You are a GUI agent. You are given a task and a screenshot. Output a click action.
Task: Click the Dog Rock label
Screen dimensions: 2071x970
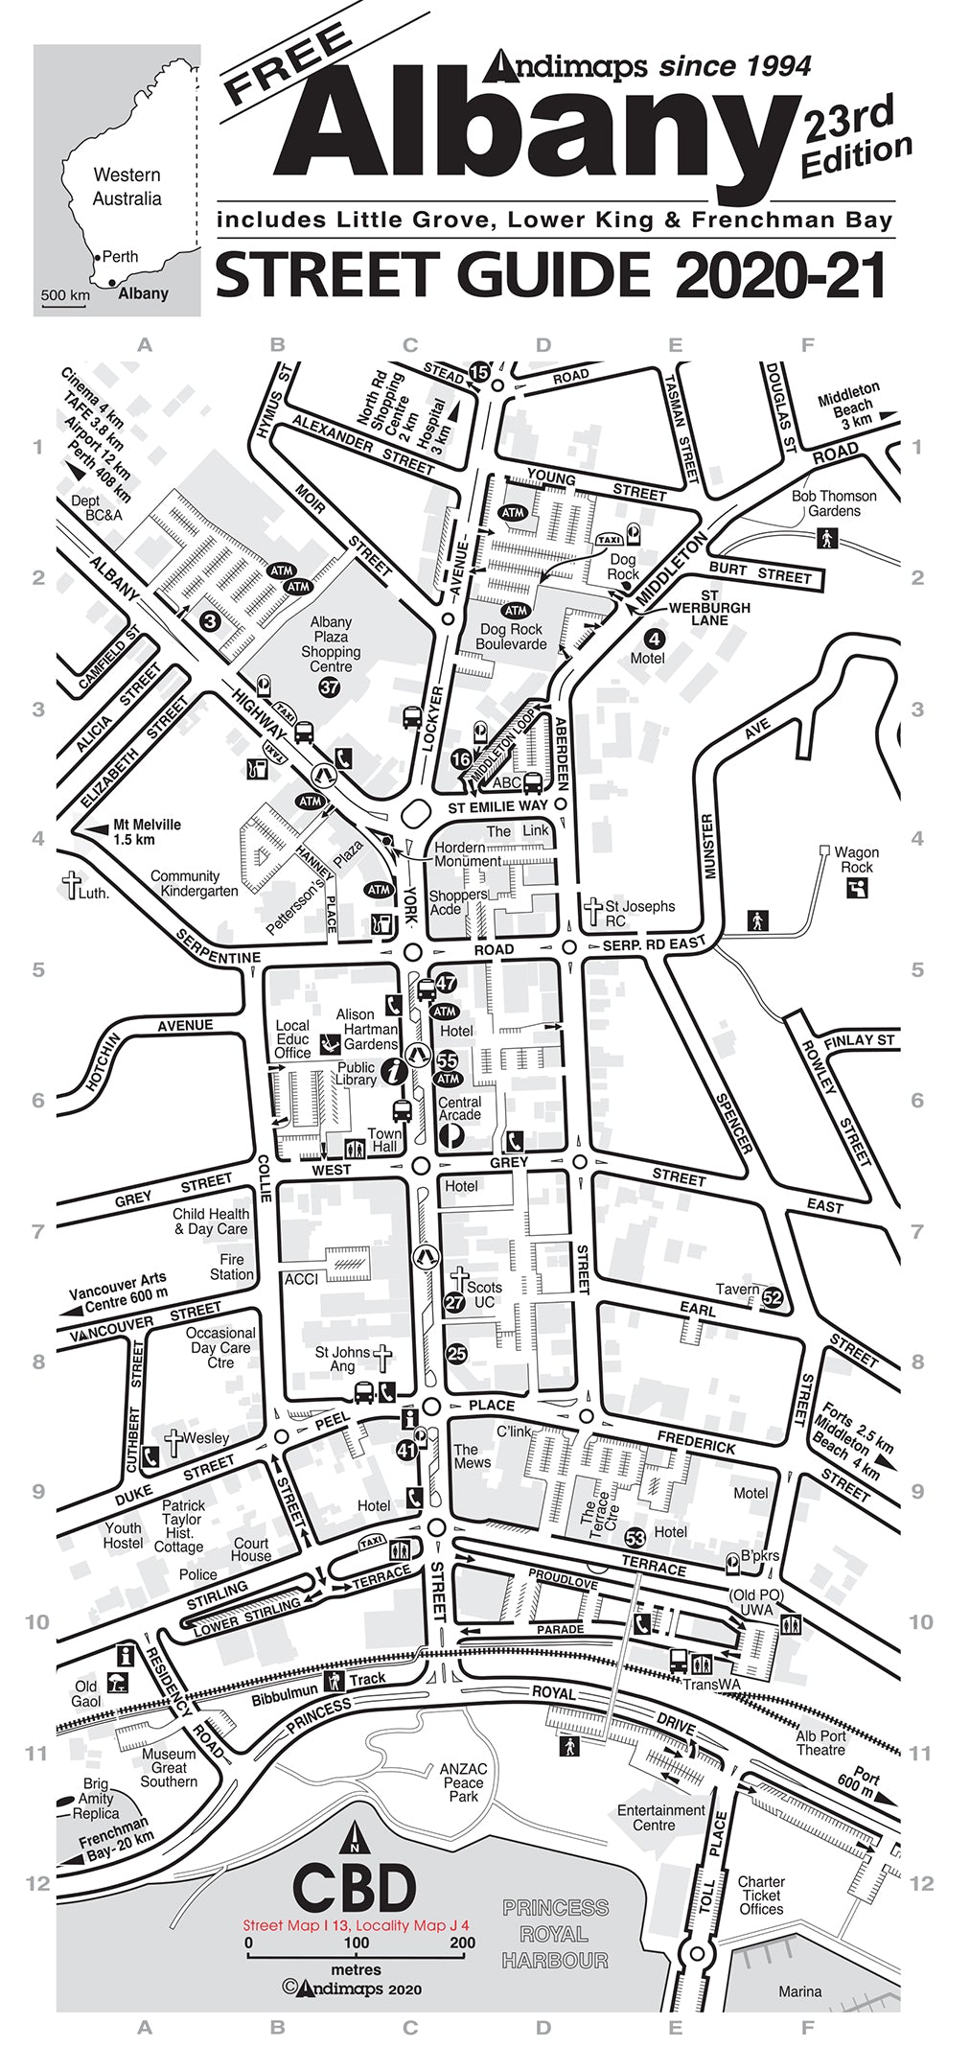pyautogui.click(x=623, y=567)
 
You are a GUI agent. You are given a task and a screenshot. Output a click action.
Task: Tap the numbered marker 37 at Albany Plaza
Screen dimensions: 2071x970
pyautogui.click(x=330, y=687)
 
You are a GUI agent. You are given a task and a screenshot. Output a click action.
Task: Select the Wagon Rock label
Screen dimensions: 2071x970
pyautogui.click(x=856, y=859)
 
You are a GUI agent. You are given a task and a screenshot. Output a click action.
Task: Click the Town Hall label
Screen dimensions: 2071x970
pyautogui.click(x=384, y=1140)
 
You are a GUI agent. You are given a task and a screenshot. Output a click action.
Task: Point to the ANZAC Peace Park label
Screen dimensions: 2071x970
pyautogui.click(x=463, y=1782)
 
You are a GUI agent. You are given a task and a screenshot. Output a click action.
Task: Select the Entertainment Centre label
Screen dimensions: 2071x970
pyautogui.click(x=660, y=1817)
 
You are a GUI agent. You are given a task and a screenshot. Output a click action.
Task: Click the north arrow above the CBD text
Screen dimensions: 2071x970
pyautogui.click(x=354, y=1837)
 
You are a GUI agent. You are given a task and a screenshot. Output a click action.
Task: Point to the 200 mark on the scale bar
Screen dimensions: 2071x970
pyautogui.click(x=462, y=1943)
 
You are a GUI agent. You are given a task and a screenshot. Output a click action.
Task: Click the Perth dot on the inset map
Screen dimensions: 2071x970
pyautogui.click(x=98, y=258)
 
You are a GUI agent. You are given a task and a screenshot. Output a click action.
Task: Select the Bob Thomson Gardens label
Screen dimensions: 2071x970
pyautogui.click(x=833, y=503)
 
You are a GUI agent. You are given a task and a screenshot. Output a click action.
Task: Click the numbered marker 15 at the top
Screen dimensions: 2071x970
pyautogui.click(x=479, y=371)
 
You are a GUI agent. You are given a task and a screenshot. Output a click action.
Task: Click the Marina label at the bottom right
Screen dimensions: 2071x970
pyautogui.click(x=799, y=1991)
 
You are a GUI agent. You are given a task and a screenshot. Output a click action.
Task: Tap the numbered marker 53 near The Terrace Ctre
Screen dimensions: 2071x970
pyautogui.click(x=635, y=1539)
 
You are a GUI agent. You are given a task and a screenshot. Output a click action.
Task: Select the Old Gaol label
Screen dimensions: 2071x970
pyautogui.click(x=85, y=1694)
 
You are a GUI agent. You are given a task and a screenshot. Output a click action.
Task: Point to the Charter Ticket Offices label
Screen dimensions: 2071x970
pyautogui.click(x=761, y=1896)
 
